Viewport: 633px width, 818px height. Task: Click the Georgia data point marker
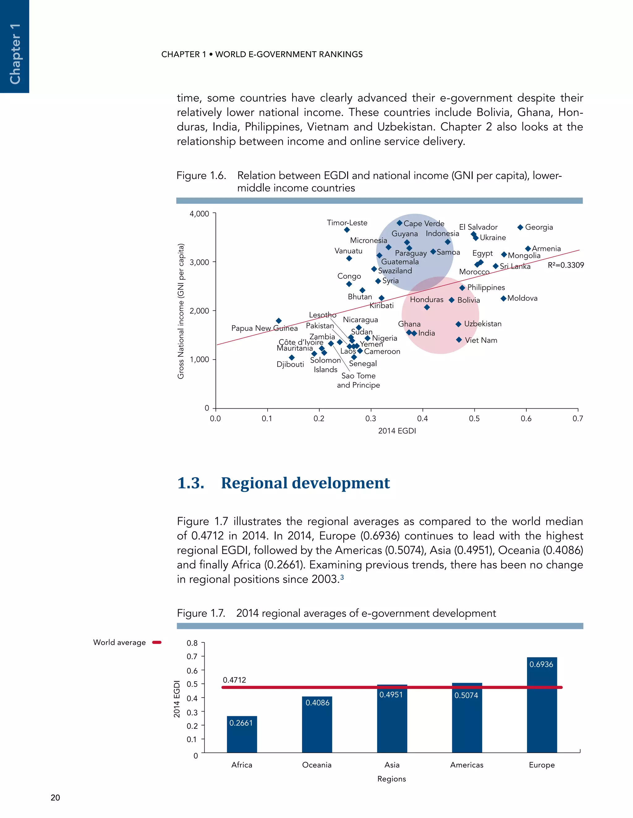[520, 227]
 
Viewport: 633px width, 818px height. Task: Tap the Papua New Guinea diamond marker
[278, 321]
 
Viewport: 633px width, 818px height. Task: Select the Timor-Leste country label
[347, 223]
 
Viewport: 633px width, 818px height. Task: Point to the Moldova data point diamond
[503, 298]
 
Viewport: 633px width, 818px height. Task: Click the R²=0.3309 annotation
[566, 265]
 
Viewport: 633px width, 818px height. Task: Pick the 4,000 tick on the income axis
[199, 214]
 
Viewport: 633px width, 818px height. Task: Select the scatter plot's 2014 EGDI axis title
[397, 431]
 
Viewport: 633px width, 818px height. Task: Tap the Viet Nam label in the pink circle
[481, 340]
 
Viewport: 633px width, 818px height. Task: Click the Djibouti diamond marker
[292, 357]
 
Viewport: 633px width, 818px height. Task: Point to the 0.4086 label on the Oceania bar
[317, 703]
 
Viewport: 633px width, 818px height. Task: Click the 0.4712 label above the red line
[234, 680]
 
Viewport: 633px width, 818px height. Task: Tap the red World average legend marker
[157, 642]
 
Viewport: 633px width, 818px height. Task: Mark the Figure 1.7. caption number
[201, 613]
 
